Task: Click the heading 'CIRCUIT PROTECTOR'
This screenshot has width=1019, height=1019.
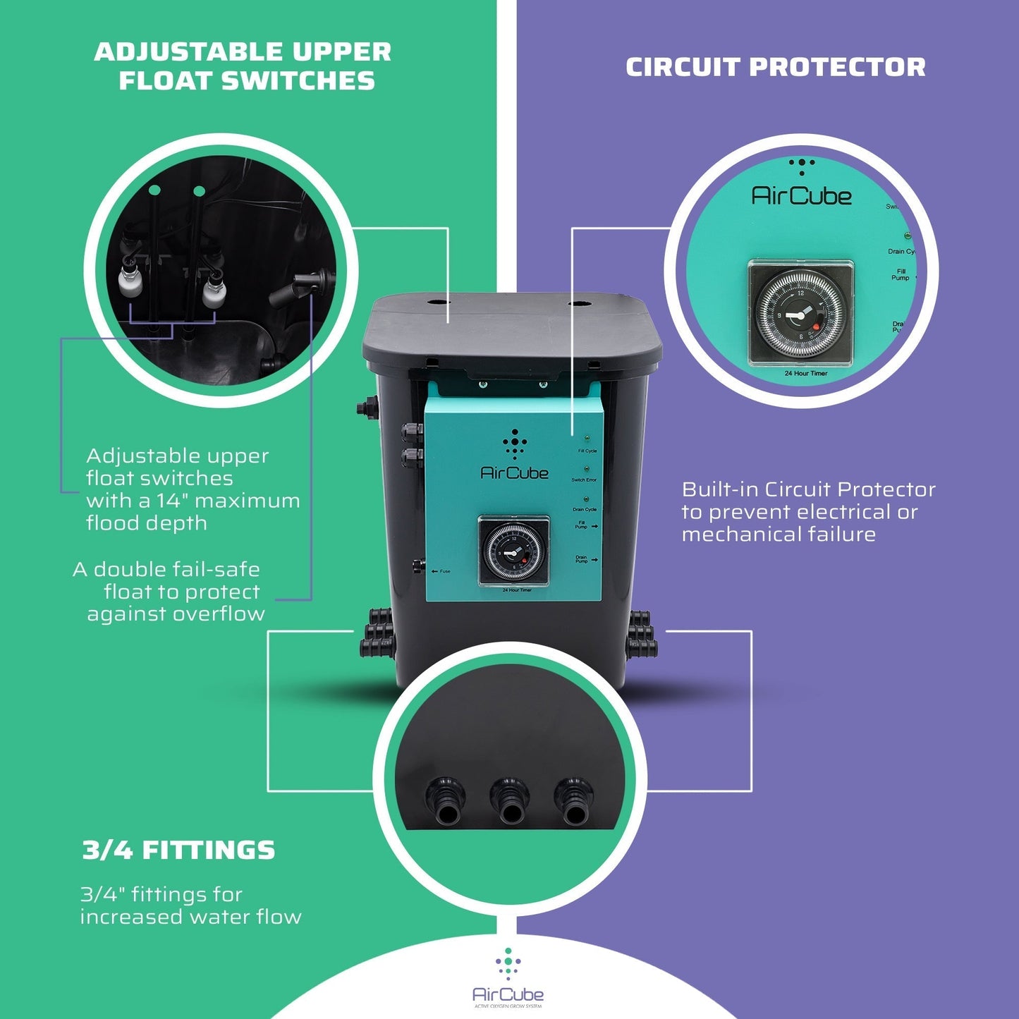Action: (x=775, y=67)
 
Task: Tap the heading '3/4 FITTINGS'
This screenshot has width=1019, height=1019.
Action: (x=178, y=850)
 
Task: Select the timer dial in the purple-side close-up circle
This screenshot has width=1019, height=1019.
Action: (x=800, y=312)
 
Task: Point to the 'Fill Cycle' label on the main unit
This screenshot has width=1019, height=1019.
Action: (x=587, y=451)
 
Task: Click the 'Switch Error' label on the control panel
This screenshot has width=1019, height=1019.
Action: (x=584, y=480)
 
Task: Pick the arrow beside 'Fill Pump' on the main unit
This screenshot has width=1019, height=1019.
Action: (x=595, y=526)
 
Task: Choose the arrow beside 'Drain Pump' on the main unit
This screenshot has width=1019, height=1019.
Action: (x=595, y=560)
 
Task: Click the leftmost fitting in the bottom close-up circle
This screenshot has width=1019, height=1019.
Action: (x=445, y=802)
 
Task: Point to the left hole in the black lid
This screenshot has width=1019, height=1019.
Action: (x=439, y=303)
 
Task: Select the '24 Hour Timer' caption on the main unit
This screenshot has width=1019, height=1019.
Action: (x=517, y=590)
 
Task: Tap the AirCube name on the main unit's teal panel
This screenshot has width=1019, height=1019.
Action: (x=514, y=473)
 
